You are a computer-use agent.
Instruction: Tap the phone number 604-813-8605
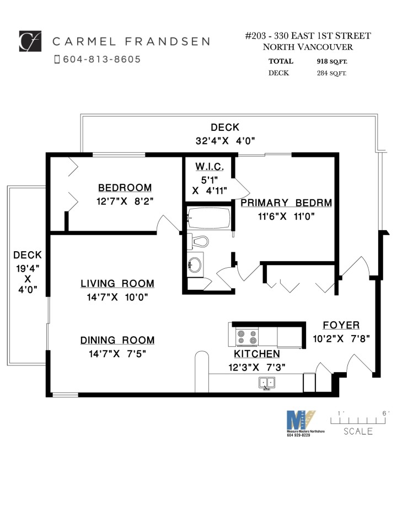101,59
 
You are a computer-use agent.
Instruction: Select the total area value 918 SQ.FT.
331,61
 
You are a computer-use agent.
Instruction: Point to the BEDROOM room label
125,188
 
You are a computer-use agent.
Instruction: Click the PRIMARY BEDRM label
286,203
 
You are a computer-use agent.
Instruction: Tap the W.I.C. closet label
208,167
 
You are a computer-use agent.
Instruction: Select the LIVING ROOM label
117,284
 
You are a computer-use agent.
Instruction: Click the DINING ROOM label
117,340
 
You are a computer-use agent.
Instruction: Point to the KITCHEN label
257,354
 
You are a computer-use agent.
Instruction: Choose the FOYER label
341,325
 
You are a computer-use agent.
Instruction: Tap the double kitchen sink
267,383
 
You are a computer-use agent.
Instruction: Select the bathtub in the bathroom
208,218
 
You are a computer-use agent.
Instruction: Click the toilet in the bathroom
198,241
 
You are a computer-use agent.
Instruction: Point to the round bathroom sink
194,264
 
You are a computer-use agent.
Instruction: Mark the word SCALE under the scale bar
358,431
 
